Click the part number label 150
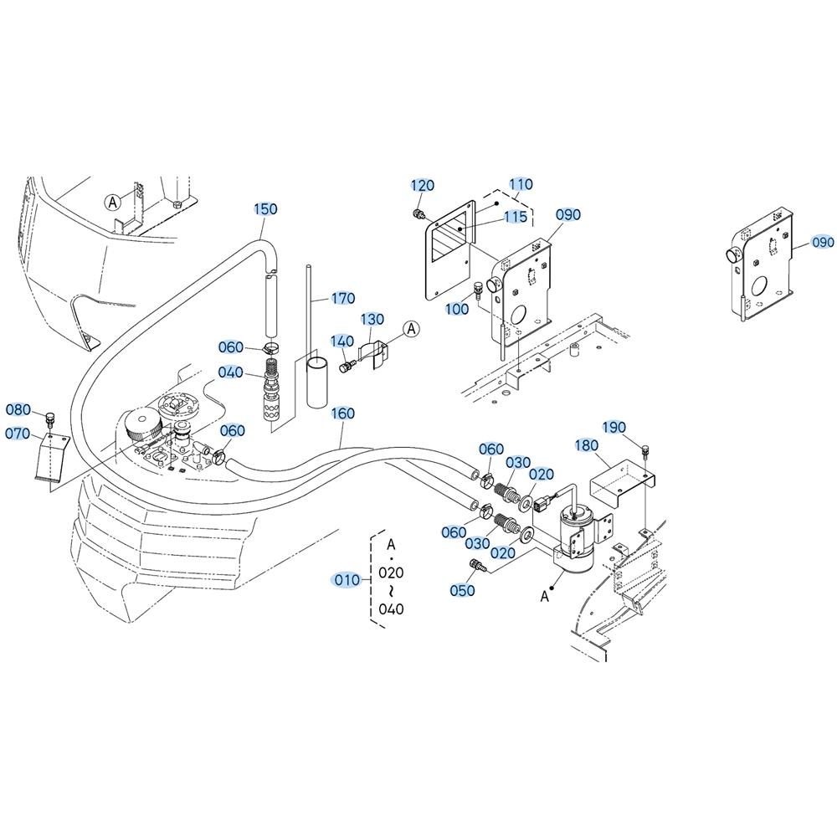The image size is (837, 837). click(x=265, y=208)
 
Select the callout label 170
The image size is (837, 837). click(x=342, y=299)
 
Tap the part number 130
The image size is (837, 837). click(x=372, y=319)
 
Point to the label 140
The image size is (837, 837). click(x=341, y=341)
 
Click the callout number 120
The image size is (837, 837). click(x=422, y=185)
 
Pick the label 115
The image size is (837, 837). click(x=516, y=217)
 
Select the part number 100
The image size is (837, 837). click(x=457, y=309)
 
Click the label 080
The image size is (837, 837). click(x=18, y=410)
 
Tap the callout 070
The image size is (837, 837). click(x=18, y=434)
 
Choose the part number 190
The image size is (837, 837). click(x=614, y=428)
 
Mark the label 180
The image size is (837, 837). click(x=587, y=445)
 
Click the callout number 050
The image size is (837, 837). click(x=462, y=590)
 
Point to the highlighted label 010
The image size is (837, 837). click(x=347, y=579)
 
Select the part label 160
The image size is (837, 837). click(x=342, y=413)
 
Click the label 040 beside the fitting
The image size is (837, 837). click(x=231, y=372)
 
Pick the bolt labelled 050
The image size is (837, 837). click(x=476, y=565)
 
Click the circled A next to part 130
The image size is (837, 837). click(x=411, y=329)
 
